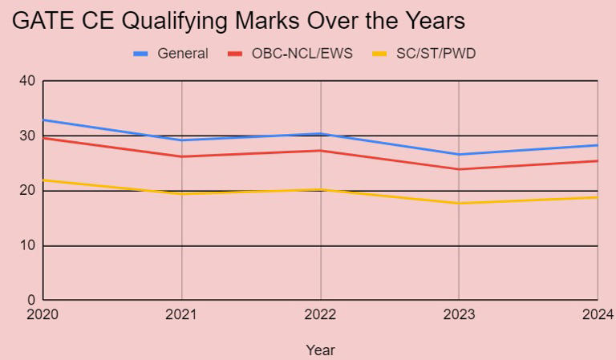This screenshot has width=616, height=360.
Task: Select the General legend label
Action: pyautogui.click(x=183, y=54)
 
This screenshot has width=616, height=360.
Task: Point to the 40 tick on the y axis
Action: pyautogui.click(x=27, y=81)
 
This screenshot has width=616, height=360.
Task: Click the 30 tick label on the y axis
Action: pyautogui.click(x=27, y=136)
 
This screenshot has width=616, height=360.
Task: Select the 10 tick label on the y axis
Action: pyautogui.click(x=27, y=246)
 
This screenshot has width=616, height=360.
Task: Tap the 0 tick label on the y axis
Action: pyautogui.click(x=30, y=301)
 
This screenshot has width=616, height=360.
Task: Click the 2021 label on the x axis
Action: pyautogui.click(x=182, y=314)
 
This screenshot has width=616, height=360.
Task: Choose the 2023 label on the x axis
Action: pyautogui.click(x=459, y=314)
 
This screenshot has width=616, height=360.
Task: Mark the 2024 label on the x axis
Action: pyautogui.click(x=598, y=314)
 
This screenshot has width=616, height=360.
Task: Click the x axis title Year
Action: pyautogui.click(x=320, y=350)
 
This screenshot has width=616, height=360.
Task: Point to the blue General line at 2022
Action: pyautogui.click(x=321, y=134)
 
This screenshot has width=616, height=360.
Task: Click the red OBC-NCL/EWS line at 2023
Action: pyautogui.click(x=459, y=169)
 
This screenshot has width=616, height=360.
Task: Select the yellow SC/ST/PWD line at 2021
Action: pyautogui.click(x=182, y=194)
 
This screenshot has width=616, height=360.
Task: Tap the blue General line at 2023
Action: pyautogui.click(x=459, y=155)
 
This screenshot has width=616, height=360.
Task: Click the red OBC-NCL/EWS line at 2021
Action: pyautogui.click(x=182, y=156)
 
